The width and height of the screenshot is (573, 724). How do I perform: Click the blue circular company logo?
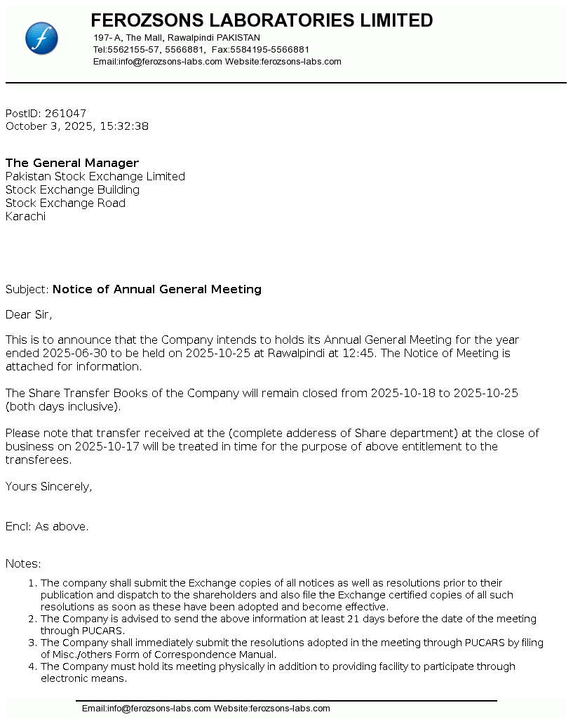[x=41, y=38]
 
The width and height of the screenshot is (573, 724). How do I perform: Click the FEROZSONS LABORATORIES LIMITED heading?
[x=262, y=20]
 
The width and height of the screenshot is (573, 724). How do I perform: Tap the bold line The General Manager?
[x=72, y=163]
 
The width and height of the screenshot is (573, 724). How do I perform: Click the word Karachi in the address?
[x=25, y=217]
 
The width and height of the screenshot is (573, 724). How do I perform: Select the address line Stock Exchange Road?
[x=65, y=203]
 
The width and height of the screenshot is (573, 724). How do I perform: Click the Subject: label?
[x=27, y=290]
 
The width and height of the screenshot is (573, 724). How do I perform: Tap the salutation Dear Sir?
[x=29, y=314]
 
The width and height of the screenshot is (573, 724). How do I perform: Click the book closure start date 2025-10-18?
[x=403, y=394]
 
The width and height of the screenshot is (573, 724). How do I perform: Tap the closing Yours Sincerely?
[x=48, y=487]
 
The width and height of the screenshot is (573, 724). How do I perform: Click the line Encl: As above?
[x=47, y=527]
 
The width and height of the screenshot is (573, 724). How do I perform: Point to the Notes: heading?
[x=23, y=564]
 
